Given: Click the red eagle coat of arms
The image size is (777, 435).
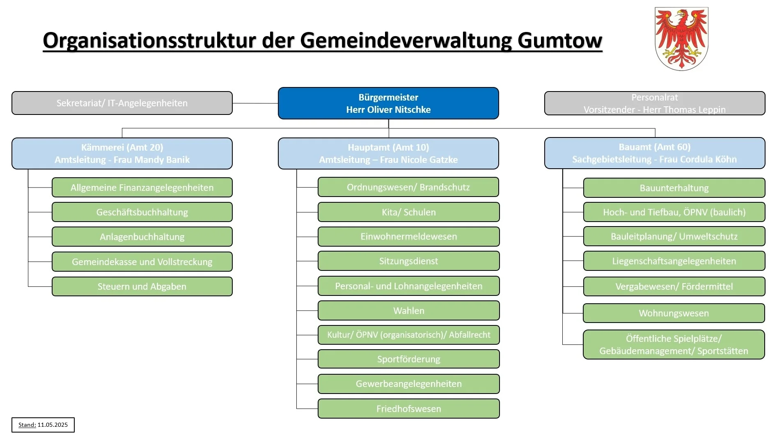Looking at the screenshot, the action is [681, 39].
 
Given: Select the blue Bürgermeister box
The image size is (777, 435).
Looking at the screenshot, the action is [388, 103].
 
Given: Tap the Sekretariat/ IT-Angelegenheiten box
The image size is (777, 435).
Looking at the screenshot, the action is [122, 103].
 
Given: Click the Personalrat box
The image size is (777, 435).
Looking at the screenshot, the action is [655, 103].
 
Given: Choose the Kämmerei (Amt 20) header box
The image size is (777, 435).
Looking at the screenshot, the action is [122, 153].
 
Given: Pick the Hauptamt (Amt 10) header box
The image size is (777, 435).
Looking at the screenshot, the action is [388, 153].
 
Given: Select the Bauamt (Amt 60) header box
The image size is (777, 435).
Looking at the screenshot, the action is [655, 153].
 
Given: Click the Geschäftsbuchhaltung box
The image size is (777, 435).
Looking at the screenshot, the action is [142, 212].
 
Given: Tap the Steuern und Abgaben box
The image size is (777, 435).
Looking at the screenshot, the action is [142, 286].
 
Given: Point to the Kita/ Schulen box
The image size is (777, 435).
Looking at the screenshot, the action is [409, 212].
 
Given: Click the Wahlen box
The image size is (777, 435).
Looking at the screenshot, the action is [409, 311].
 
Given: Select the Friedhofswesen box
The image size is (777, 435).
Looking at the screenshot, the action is [409, 409].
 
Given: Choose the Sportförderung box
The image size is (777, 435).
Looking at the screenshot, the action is [409, 359].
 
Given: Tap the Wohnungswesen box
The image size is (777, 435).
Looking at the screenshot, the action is [674, 313].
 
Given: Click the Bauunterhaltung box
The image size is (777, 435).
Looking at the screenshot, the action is [674, 188].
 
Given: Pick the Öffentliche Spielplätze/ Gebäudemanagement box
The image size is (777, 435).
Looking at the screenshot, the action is [674, 345].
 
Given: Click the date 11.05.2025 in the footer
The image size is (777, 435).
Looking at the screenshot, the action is [53, 425].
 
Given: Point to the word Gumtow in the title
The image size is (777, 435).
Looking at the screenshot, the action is [560, 41].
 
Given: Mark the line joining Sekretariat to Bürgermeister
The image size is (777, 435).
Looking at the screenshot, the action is [255, 103].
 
